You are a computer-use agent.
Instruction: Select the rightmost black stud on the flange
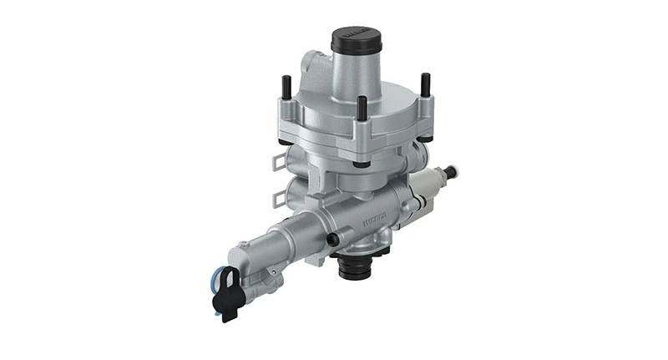(425, 84)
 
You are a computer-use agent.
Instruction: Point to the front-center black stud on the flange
(362, 108)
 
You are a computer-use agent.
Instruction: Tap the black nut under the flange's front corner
(360, 161)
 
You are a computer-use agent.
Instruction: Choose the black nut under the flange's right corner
(426, 135)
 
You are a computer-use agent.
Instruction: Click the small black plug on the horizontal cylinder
(334, 240)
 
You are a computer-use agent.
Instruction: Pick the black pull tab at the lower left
(225, 297)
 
